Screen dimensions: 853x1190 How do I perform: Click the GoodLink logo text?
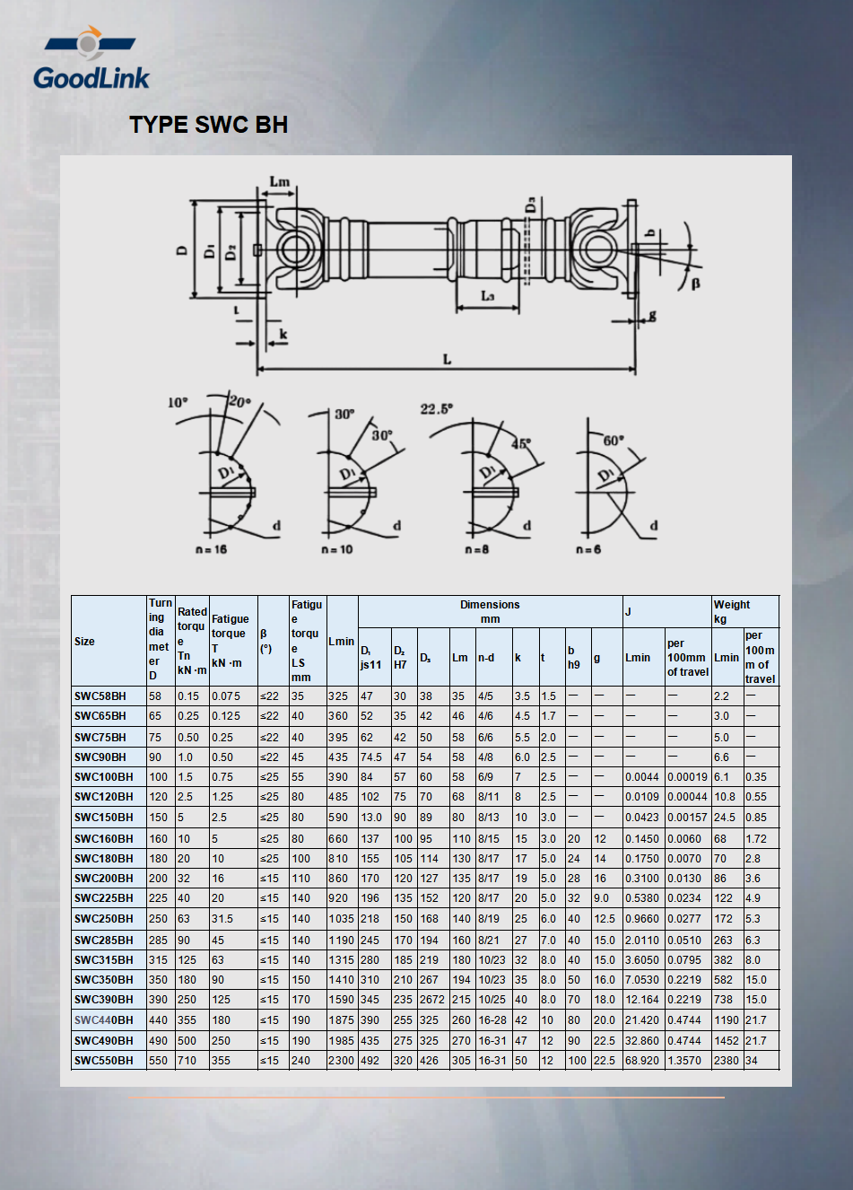(x=91, y=78)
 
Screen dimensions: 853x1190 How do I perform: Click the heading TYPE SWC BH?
(x=209, y=125)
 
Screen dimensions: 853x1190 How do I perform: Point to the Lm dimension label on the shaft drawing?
(x=280, y=181)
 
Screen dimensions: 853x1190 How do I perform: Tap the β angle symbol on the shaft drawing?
(x=695, y=284)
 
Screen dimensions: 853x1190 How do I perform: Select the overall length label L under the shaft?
(x=447, y=360)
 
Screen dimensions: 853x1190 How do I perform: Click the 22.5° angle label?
(x=436, y=409)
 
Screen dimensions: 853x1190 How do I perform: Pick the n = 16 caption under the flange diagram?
(x=212, y=549)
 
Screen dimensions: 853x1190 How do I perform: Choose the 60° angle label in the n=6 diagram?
(x=614, y=441)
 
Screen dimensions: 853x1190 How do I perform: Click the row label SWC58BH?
(x=100, y=696)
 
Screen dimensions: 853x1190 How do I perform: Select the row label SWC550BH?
(x=103, y=1061)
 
